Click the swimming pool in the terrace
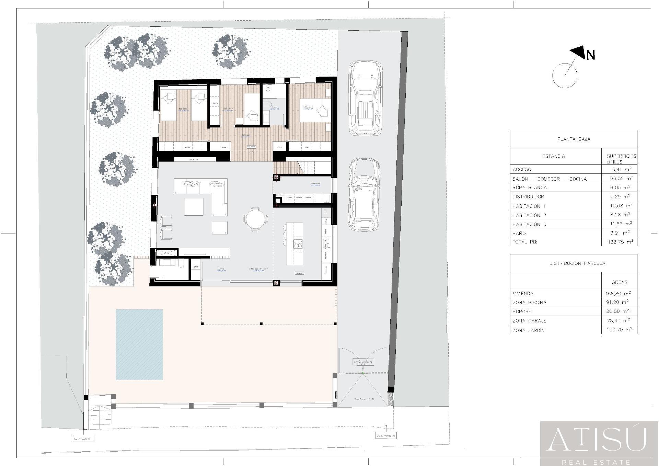[139, 344]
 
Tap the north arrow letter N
[590, 55]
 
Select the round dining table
[255, 219]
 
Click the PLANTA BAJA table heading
[574, 139]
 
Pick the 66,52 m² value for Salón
[620, 178]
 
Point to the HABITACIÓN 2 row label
[529, 215]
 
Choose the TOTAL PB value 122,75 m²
[620, 242]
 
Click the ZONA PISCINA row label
[529, 303]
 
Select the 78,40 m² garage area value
[617, 320]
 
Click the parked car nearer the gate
[365, 195]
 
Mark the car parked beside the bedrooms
[365, 98]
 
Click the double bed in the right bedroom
[314, 110]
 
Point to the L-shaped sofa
[206, 192]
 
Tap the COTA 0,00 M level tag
[83, 439]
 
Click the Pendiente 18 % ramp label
[364, 399]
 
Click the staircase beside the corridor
[302, 168]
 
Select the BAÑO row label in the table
[519, 233]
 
